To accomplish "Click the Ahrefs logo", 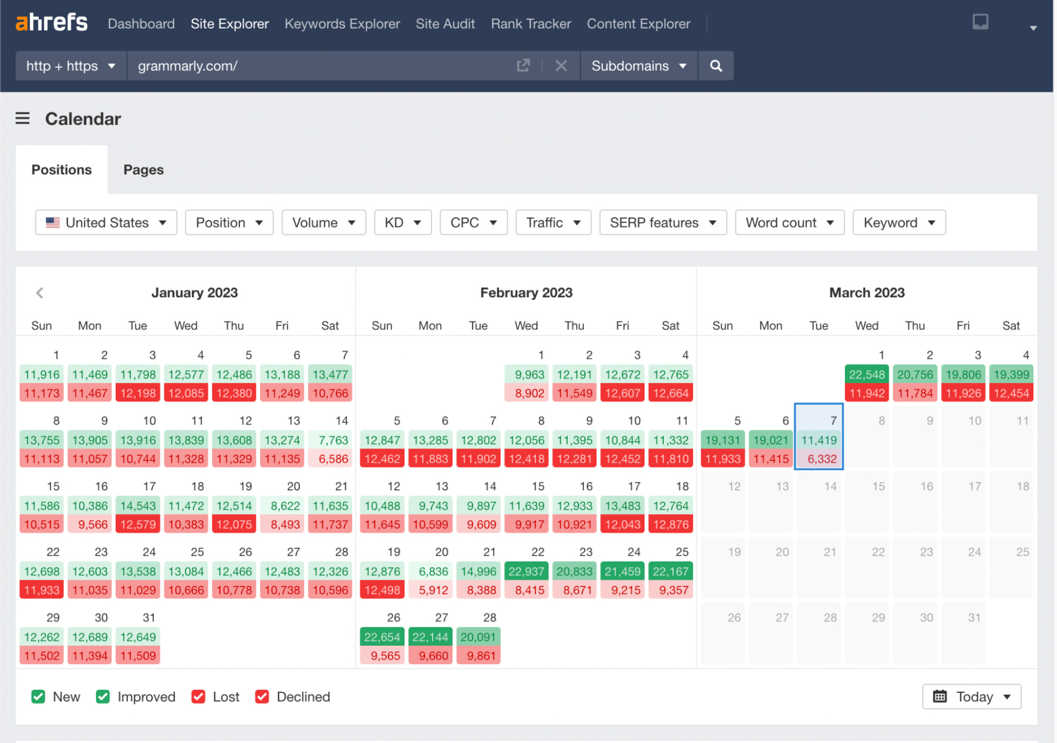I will (x=51, y=23).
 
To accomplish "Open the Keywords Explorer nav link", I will (x=342, y=24).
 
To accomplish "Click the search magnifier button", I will (x=715, y=66).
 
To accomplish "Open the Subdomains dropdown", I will (x=638, y=66).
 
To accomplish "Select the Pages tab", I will (x=143, y=170).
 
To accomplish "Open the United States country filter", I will (x=106, y=223).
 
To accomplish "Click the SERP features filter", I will (x=663, y=223).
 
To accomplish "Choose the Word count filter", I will (x=789, y=223).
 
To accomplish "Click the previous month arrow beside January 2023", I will (x=40, y=292).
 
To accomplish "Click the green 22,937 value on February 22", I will (x=526, y=571).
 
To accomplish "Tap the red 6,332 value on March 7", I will (x=822, y=459).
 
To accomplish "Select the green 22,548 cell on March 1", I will (x=867, y=374).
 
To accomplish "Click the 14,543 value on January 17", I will (x=138, y=506).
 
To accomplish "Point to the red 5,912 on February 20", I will (x=433, y=590).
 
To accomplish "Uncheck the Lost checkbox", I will (x=198, y=696).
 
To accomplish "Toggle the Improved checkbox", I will (x=103, y=696).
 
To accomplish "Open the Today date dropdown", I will (x=971, y=696).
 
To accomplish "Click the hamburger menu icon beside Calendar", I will (x=22, y=118).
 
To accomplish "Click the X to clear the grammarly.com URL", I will (x=561, y=66).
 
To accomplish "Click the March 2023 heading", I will (x=867, y=292).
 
